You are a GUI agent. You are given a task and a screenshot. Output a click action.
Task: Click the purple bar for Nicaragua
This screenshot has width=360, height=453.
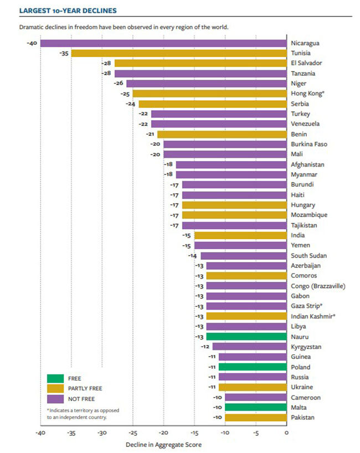coord(163,43)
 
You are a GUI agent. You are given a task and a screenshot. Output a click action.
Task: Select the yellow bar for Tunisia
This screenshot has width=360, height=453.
coord(178,53)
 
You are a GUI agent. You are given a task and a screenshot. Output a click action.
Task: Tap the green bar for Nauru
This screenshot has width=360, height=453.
coord(246,336)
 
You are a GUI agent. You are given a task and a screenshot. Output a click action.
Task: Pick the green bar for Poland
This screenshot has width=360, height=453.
coord(252,367)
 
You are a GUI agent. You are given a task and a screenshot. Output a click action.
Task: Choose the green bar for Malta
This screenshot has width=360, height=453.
coord(255,407)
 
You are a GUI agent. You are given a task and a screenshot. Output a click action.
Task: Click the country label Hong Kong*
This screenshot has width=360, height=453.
coord(307,94)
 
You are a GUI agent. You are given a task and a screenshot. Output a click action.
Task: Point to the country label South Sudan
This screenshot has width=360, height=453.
coord(308,255)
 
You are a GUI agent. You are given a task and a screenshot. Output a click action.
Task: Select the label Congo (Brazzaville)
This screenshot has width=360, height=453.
coord(318,286)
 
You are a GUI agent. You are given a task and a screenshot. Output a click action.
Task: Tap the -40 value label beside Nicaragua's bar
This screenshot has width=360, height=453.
coord(32,43)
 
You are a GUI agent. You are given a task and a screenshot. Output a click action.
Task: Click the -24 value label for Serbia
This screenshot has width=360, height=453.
coord(131,104)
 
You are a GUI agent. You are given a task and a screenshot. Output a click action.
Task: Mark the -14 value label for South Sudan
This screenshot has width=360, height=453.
coord(192,255)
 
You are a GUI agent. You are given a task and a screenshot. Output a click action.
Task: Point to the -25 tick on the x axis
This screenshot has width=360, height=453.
coord(132,432)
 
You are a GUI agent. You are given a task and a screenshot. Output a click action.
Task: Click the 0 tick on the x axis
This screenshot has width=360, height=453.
coord(286,432)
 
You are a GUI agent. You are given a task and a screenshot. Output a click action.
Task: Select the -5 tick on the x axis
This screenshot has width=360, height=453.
coord(255,432)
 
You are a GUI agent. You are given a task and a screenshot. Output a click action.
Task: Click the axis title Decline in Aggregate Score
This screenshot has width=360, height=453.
coord(163,444)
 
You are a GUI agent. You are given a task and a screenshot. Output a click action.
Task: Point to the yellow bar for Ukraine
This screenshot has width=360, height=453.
coord(252,387)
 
